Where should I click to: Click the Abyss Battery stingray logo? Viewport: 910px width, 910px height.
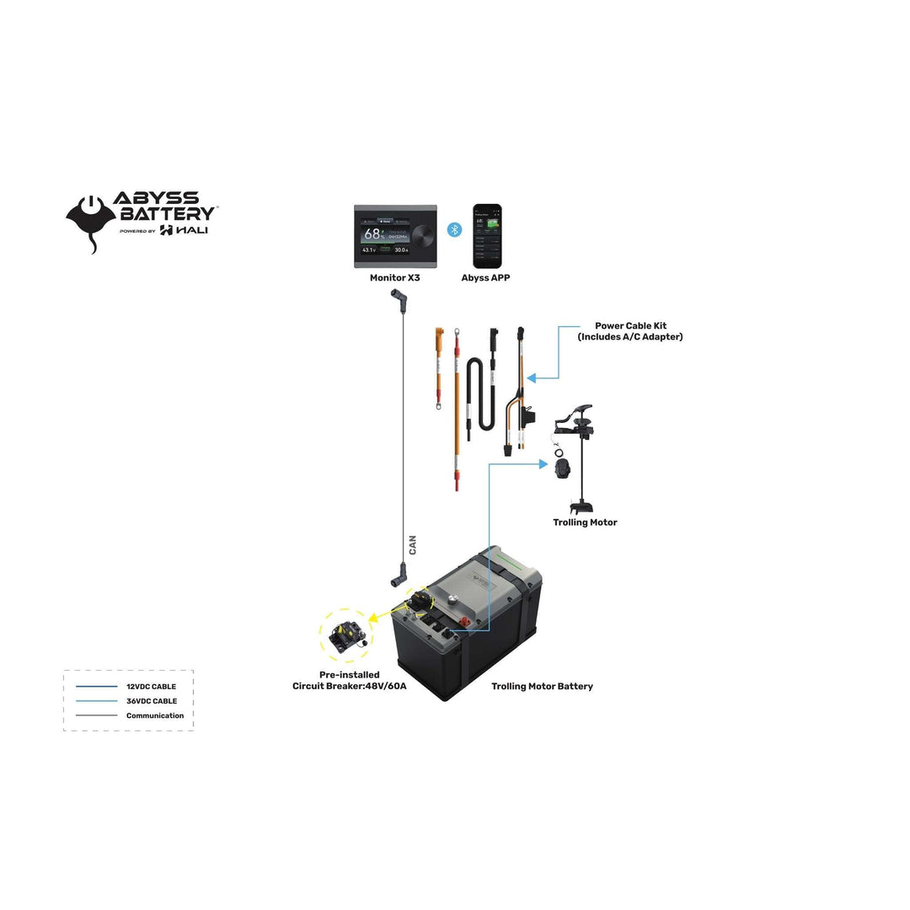[x=91, y=221]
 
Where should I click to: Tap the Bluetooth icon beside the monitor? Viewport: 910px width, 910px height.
[x=454, y=229]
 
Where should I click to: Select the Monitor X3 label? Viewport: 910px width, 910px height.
[x=394, y=278]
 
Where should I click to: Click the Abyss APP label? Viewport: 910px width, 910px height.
[x=485, y=278]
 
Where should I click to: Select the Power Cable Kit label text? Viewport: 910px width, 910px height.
[x=629, y=331]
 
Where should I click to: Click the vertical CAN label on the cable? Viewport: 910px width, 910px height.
[x=413, y=544]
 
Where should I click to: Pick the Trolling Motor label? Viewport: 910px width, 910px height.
[x=585, y=522]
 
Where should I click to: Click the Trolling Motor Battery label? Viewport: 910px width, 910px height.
[x=542, y=687]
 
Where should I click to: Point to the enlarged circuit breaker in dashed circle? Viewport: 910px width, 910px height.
[x=345, y=636]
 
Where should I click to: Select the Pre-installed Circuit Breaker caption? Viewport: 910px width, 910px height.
[x=349, y=681]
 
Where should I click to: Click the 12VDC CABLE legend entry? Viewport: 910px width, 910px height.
[x=151, y=687]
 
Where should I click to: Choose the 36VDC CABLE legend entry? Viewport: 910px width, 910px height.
[x=151, y=701]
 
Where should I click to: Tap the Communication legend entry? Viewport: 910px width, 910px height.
[x=154, y=715]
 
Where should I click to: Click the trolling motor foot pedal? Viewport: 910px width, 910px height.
[x=562, y=468]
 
